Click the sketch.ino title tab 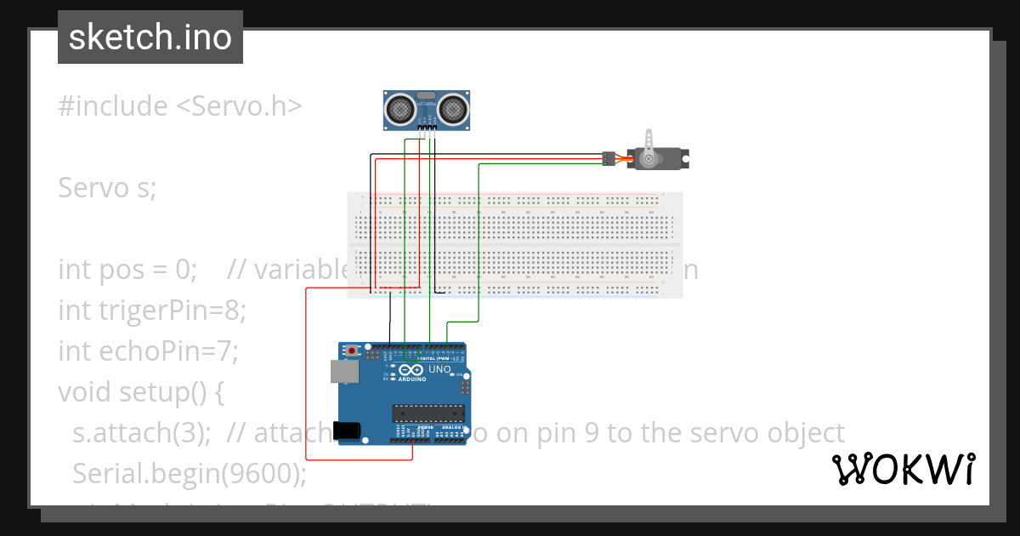point(150,37)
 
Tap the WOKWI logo point(903,469)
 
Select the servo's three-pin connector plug point(609,158)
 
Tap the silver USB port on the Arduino point(344,371)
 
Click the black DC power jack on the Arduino point(348,431)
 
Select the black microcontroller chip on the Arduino point(428,413)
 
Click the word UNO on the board point(439,370)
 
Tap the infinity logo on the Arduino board point(412,370)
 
